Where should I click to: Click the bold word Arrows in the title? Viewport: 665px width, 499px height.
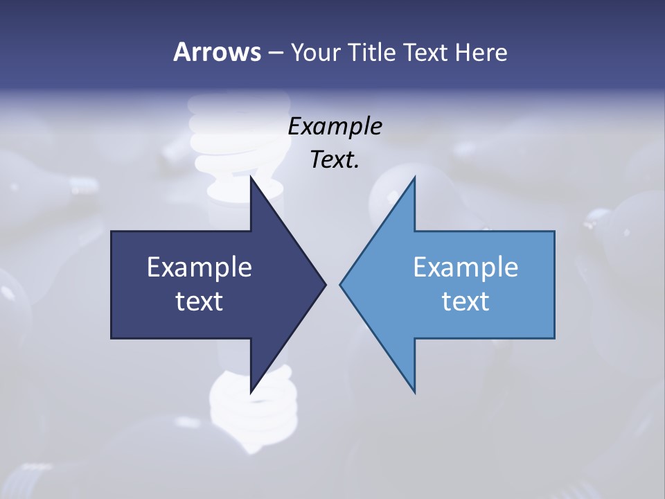coord(217,52)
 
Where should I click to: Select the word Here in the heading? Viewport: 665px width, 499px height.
coord(481,52)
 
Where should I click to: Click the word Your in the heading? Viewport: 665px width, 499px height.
coord(315,52)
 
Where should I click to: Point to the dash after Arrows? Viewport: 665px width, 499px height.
coord(274,53)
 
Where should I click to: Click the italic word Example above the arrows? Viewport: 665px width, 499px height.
coord(335,127)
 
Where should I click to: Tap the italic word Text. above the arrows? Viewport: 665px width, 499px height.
coord(335,160)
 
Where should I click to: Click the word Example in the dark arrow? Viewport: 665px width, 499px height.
coord(199,267)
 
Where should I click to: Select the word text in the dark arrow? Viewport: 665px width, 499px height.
coord(199,301)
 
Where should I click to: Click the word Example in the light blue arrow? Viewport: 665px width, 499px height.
coord(465,267)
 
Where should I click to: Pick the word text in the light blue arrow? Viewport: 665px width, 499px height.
coord(465,301)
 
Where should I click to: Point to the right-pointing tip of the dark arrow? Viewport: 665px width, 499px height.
coord(325,284)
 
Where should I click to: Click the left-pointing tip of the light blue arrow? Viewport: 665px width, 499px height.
coord(340,284)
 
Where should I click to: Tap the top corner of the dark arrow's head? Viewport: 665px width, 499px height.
coord(251,177)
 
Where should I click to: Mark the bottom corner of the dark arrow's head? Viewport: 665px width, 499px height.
coord(251,392)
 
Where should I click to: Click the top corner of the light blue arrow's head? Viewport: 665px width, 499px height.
coord(414,177)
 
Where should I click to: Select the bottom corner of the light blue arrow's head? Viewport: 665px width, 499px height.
coord(414,392)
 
